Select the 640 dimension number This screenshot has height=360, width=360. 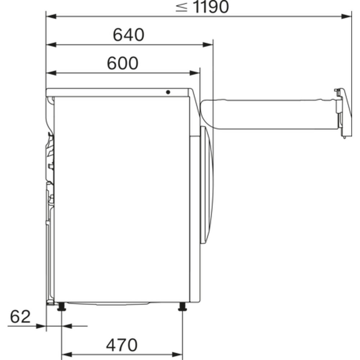(129, 35)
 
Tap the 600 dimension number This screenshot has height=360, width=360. (123, 63)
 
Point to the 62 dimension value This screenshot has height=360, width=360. (20, 316)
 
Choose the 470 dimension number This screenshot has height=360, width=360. (122, 345)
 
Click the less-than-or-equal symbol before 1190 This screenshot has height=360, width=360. (181, 7)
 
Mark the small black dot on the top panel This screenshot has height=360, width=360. (168, 92)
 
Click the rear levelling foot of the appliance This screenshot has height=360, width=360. (62, 307)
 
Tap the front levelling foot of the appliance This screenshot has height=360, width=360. (183, 307)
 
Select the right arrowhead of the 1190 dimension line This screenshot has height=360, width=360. (346, 17)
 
